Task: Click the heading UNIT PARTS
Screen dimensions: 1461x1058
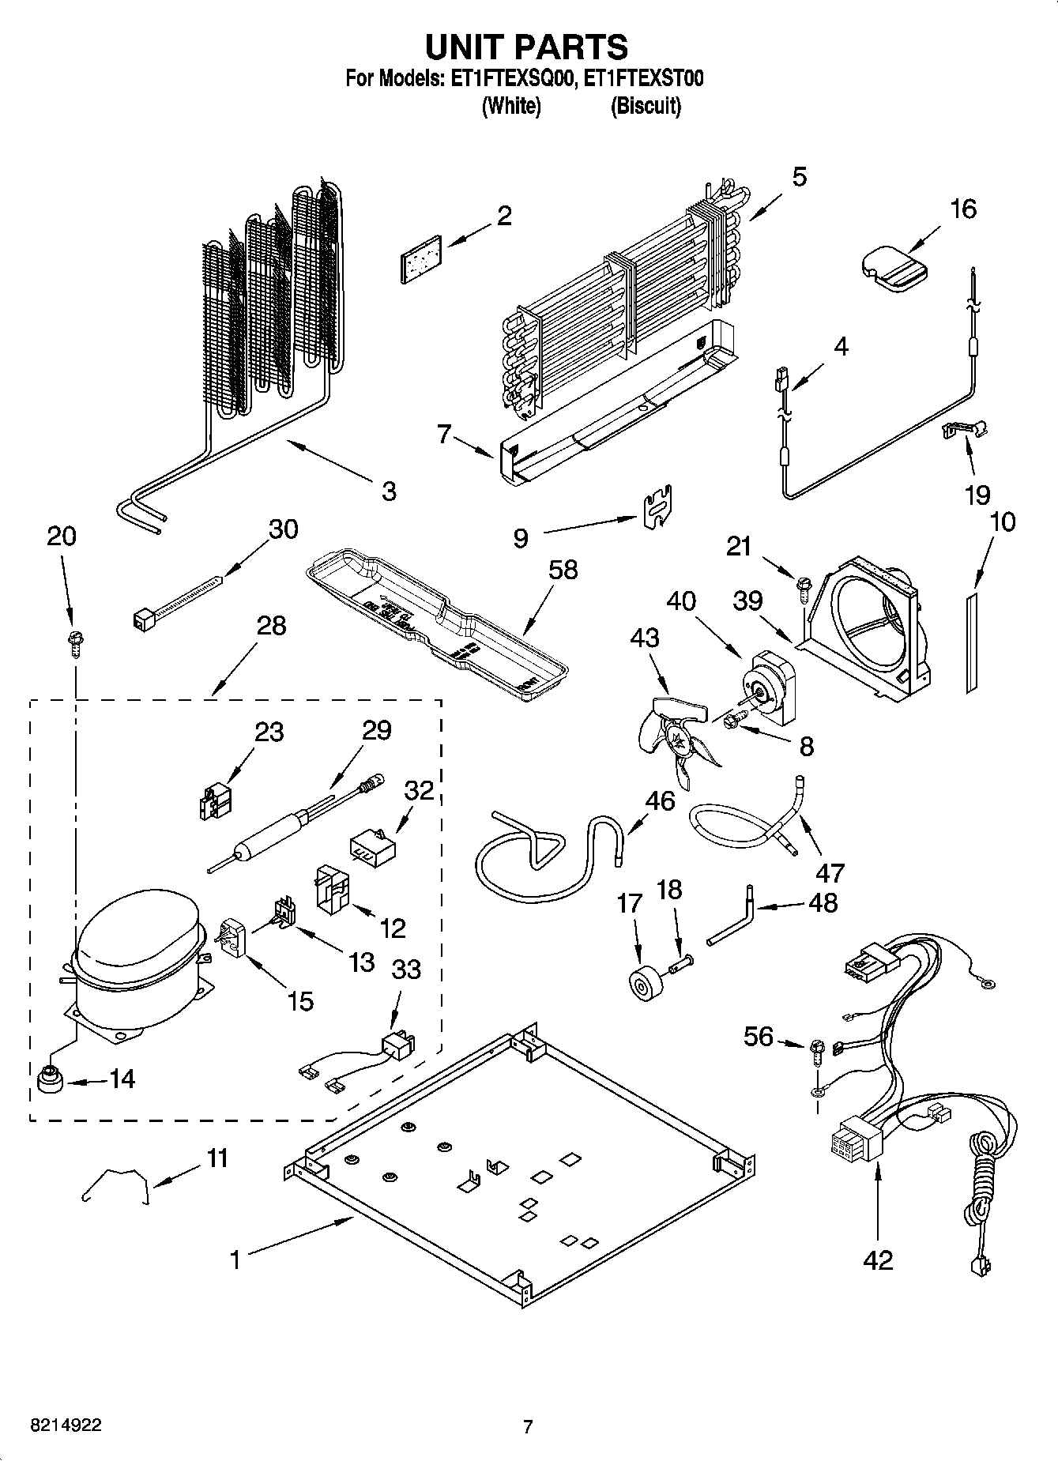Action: tap(527, 47)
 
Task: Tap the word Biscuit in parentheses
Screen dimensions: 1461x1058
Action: tap(646, 106)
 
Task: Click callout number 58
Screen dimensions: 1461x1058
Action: tap(563, 570)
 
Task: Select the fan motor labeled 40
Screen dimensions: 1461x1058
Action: tap(770, 687)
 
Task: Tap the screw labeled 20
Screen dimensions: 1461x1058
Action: tap(77, 640)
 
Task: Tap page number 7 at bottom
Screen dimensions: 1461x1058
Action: tap(528, 1427)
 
